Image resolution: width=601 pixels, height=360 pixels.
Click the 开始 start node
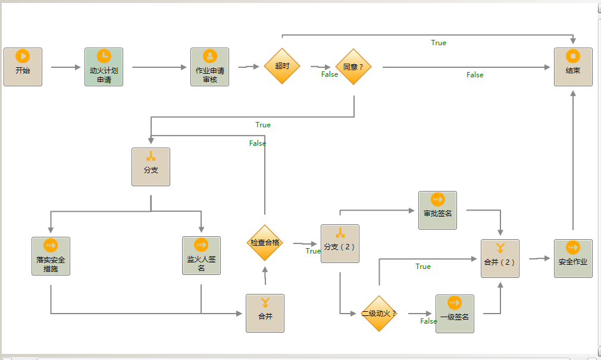click(23, 67)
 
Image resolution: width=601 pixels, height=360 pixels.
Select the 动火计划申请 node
click(104, 67)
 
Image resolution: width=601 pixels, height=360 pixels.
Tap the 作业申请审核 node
click(209, 67)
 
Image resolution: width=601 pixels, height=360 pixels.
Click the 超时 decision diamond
click(282, 66)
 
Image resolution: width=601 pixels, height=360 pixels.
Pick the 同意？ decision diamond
click(353, 67)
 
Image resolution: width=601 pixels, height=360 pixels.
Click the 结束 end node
click(573, 67)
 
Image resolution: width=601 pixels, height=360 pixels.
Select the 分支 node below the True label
click(151, 167)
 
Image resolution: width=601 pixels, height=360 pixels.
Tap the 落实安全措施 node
click(51, 256)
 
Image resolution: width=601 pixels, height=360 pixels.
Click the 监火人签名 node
click(201, 256)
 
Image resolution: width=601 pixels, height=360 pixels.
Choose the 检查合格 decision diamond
click(265, 243)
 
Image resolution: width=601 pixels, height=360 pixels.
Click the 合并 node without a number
click(265, 313)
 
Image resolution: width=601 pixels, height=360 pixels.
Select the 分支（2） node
click(340, 243)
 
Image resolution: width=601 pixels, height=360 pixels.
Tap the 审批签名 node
click(437, 210)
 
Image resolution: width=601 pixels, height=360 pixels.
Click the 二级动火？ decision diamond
click(379, 313)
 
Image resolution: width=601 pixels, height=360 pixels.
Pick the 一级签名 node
click(455, 314)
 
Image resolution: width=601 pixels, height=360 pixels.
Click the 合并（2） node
click(500, 258)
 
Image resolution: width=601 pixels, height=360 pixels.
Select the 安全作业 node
click(573, 258)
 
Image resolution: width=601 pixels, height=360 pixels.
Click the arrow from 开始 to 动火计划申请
click(65, 67)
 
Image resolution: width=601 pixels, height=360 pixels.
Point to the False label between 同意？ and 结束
click(475, 75)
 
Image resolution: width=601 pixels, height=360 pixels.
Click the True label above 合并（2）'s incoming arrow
click(423, 267)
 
